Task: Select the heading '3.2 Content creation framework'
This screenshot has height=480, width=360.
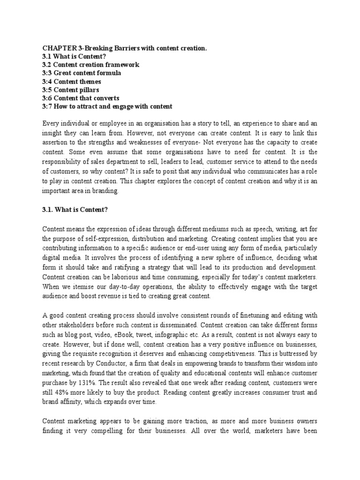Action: pyautogui.click(x=91, y=65)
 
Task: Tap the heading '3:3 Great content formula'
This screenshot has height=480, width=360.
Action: pyautogui.click(x=82, y=73)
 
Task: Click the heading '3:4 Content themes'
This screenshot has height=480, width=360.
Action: pyautogui.click(x=72, y=82)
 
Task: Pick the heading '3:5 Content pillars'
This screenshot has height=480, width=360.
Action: pyautogui.click(x=71, y=90)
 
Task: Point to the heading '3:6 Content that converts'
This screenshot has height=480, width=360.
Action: pyautogui.click(x=81, y=98)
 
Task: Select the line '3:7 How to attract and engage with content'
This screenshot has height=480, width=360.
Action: pyautogui.click(x=107, y=106)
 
